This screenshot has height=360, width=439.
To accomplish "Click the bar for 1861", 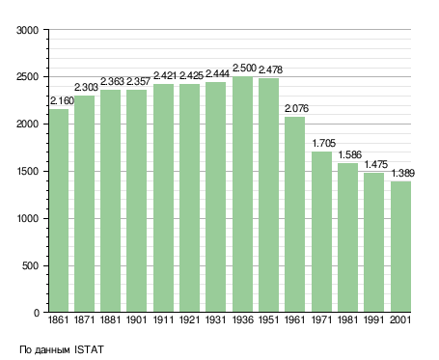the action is point(59,210).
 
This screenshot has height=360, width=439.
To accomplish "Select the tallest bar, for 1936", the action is point(242,194).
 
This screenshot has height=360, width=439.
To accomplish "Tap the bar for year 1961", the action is point(294,214).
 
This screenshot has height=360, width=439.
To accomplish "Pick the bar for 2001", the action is point(400,247).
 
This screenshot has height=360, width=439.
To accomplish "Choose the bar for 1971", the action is point(321,232).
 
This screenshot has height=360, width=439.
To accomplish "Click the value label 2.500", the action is point(244,69).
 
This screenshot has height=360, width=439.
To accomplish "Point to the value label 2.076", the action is point(296,108).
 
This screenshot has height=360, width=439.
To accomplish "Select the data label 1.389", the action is point(403,173).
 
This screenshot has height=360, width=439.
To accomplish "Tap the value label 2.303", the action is point(86,87).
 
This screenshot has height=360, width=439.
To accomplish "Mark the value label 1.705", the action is point(324,143).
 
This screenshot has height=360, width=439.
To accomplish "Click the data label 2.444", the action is point(217,74).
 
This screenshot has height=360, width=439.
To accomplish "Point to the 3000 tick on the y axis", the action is point(27,30).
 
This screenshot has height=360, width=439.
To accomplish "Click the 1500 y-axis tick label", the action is point(27,172).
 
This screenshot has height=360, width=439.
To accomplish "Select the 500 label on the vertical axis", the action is point(30,265).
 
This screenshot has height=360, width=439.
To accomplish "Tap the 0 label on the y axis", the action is point(37,313).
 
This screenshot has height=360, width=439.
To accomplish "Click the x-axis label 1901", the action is point(136,319).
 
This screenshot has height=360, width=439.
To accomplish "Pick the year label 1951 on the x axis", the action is point(268,319).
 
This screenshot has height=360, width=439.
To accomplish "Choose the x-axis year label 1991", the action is point(374,319).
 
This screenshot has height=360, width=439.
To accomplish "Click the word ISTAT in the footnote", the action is point(89,349).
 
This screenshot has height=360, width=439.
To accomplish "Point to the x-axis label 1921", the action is point(189,319).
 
